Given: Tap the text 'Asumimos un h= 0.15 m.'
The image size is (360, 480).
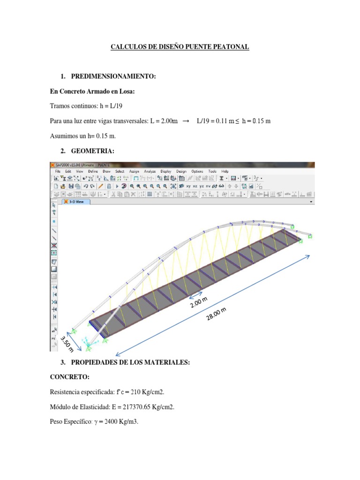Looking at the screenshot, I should (x=82, y=136).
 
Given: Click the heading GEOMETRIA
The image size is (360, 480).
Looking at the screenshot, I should (x=92, y=151).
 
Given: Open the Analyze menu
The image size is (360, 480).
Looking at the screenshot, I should (x=150, y=172).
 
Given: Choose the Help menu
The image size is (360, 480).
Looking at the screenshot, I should (x=225, y=172).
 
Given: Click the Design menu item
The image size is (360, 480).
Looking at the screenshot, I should (x=181, y=172).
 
